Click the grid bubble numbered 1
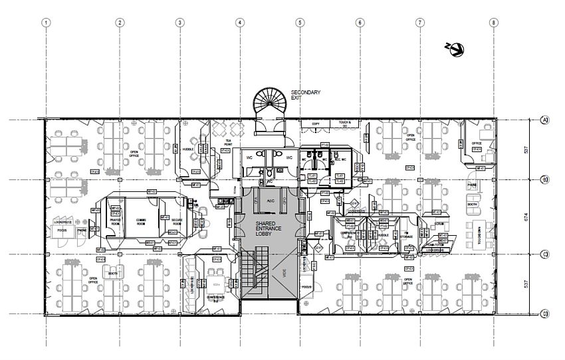[46, 23]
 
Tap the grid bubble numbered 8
[493, 23]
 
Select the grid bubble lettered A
[544, 120]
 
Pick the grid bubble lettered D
[544, 314]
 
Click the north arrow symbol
[457, 48]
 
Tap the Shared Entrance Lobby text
[270, 228]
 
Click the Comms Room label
[142, 221]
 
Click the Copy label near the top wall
[315, 124]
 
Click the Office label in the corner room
[477, 142]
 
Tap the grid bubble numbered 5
[300, 23]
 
